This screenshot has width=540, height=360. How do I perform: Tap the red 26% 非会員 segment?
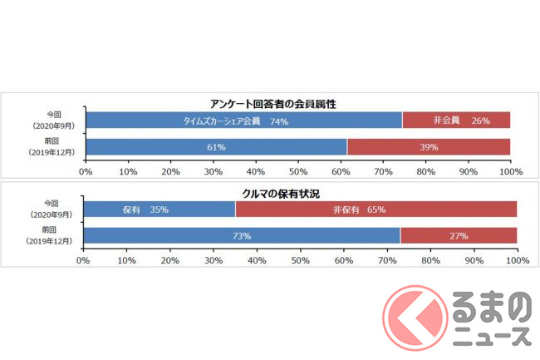[456, 121]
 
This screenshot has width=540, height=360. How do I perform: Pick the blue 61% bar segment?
[216, 147]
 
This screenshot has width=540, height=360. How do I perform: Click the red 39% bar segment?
[429, 147]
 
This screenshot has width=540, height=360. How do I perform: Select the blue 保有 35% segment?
[160, 210]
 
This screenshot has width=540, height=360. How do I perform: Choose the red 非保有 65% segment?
[376, 210]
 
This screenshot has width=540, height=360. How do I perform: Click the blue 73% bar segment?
[242, 236]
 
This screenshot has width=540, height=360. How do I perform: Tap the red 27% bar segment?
[458, 236]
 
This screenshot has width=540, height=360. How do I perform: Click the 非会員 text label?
[446, 121]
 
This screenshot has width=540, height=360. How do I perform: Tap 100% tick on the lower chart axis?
[516, 260]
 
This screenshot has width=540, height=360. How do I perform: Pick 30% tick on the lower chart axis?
[213, 260]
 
